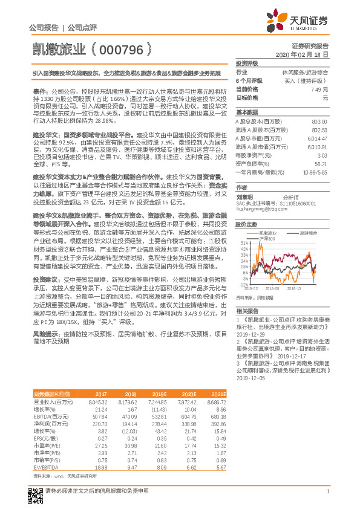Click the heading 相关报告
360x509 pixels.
pyautogui.click(x=246, y=310)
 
